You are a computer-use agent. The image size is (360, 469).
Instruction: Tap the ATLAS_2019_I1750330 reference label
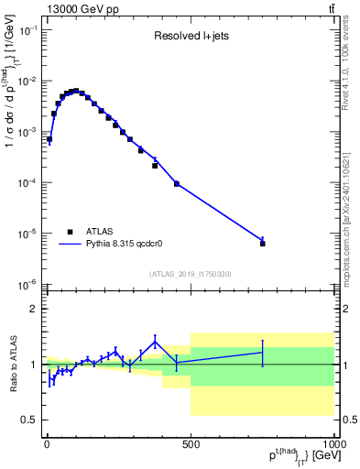190,274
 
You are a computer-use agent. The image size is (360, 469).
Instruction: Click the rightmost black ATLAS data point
263,244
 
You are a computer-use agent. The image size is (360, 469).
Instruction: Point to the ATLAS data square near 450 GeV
177,183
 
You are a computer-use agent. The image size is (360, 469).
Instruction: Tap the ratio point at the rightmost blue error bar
263,352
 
